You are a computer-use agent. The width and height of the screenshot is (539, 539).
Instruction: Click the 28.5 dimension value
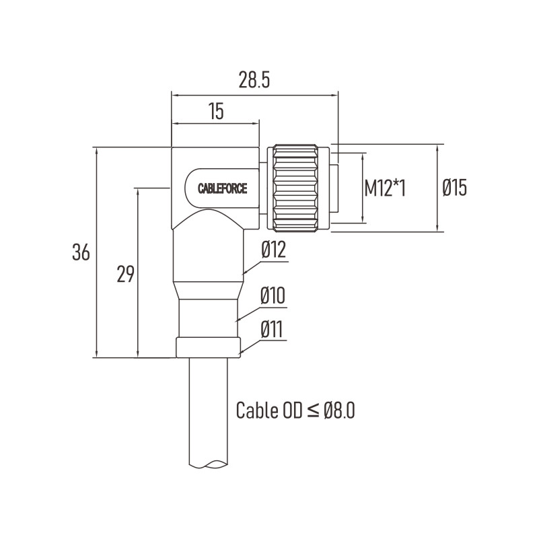pos(254,81)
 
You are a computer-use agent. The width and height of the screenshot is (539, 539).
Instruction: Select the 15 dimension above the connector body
pos(216,111)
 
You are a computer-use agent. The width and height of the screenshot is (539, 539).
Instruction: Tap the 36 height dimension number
pos(81,252)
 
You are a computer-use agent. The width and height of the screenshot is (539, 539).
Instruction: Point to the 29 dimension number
pos(125,274)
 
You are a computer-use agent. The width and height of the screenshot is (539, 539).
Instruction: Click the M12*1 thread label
pos(385,188)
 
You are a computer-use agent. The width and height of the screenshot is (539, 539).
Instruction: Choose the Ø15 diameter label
pos(454,188)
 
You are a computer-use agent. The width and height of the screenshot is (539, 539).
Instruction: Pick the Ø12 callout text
pos(273,250)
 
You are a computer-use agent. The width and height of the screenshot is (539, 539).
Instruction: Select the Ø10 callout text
pos(273,295)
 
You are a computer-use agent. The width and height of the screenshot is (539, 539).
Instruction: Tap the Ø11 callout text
pos(272,329)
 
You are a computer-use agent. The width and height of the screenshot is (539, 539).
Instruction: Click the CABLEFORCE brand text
pos(223,188)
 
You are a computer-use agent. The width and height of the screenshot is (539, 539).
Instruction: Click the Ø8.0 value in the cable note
pos(339,410)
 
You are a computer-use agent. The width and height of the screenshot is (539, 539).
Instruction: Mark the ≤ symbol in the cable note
pos(312,410)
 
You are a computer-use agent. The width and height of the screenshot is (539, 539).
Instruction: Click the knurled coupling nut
pos(295,189)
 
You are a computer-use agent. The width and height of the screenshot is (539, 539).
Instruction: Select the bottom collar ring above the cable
pos(208,347)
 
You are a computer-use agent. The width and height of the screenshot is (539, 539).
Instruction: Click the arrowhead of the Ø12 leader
pos(244,273)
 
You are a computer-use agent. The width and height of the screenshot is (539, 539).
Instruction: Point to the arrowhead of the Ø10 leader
pos(237,320)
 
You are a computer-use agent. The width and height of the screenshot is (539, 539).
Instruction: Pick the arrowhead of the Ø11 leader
pos(241,352)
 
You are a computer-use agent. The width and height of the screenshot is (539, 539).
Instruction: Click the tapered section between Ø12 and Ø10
pos(209,291)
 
